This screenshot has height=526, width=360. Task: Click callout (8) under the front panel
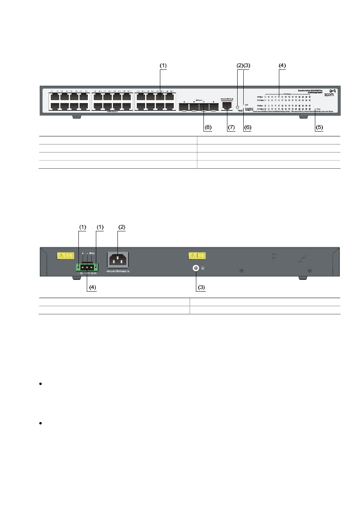click(x=208, y=127)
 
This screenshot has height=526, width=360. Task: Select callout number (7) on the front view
click(x=231, y=127)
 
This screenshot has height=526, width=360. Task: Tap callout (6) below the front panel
click(x=247, y=127)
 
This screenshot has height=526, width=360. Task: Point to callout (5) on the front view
click(x=319, y=127)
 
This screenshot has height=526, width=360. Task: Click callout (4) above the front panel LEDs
click(x=282, y=66)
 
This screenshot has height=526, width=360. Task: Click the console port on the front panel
click(x=227, y=105)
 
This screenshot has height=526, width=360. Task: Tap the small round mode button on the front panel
click(x=238, y=107)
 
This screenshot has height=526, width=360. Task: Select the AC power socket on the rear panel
click(x=118, y=260)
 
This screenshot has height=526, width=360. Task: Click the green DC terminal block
click(x=87, y=267)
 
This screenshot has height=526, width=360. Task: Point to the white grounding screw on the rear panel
click(x=196, y=268)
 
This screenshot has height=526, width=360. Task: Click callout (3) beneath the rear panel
click(x=201, y=287)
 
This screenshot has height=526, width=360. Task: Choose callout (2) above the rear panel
click(x=122, y=227)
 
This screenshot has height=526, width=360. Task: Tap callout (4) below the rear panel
click(x=92, y=287)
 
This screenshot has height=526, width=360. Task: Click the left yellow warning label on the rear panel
click(x=65, y=256)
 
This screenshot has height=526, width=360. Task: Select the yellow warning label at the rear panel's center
click(x=197, y=256)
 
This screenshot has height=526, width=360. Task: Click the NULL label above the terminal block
click(x=92, y=253)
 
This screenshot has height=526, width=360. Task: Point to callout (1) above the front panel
click(x=163, y=66)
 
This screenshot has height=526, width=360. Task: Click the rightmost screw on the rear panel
click(x=310, y=270)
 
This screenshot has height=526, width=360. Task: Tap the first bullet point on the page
click(x=40, y=384)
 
